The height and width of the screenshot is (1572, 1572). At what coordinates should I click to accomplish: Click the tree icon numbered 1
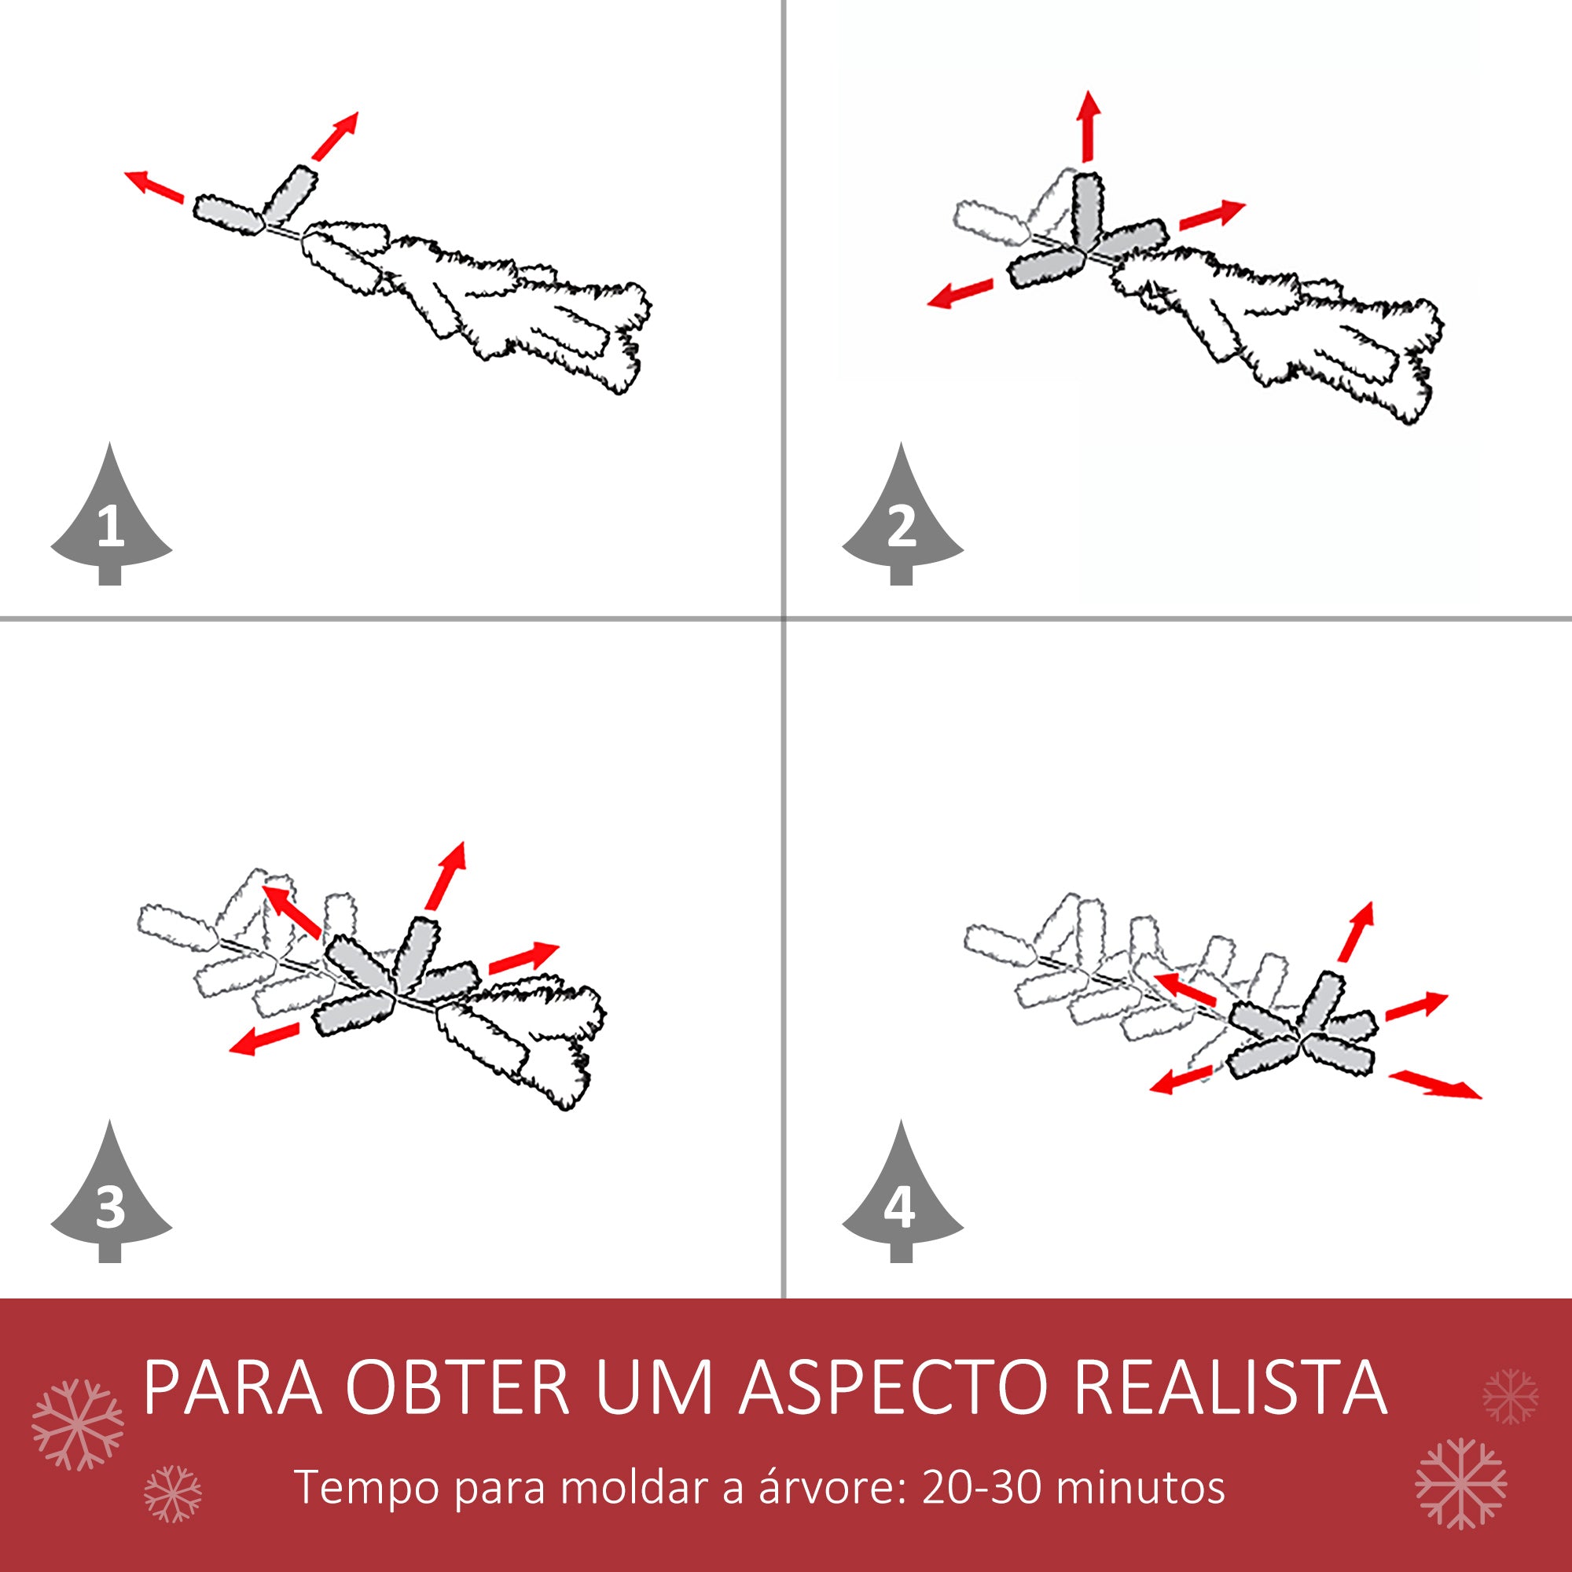[x=112, y=521]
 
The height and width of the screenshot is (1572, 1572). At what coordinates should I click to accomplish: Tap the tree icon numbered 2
[x=902, y=521]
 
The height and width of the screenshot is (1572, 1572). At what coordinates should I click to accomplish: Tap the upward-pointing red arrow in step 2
[x=1089, y=126]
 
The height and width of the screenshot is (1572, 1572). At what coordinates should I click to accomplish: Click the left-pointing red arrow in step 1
[x=154, y=185]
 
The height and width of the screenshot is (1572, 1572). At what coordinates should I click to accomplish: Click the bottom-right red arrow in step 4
[x=1435, y=1085]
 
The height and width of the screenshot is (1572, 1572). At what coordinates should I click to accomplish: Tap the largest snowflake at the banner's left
[x=77, y=1424]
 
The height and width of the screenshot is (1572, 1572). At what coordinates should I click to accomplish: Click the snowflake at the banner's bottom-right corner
[x=1461, y=1483]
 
